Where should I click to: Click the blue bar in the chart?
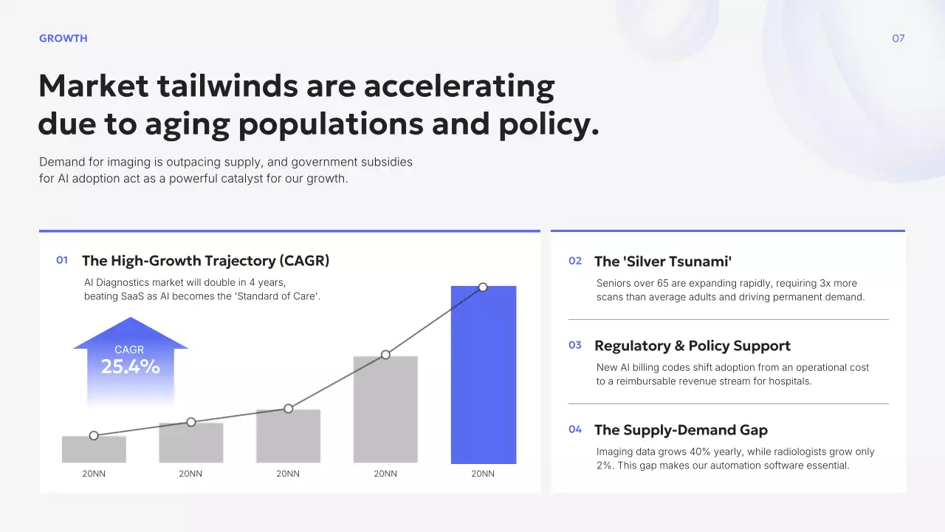point(484,377)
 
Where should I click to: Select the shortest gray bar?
point(94,450)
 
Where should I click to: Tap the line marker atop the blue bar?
point(483,287)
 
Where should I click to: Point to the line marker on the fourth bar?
point(385,355)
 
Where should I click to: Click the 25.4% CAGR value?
point(131,366)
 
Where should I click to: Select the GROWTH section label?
point(63,38)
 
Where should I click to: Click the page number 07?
point(898,38)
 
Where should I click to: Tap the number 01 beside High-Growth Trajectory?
point(62,260)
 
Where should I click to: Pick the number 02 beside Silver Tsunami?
point(575,261)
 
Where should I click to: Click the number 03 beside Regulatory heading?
point(575,345)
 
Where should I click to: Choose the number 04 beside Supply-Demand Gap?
point(575,429)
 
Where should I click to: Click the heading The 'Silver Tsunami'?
point(662,262)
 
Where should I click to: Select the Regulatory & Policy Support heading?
point(692,346)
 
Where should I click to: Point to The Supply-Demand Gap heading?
point(681,430)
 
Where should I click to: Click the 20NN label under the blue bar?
point(483,474)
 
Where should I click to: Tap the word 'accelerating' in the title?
point(458,86)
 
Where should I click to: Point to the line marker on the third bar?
point(289,409)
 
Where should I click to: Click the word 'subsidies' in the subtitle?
point(388,162)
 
